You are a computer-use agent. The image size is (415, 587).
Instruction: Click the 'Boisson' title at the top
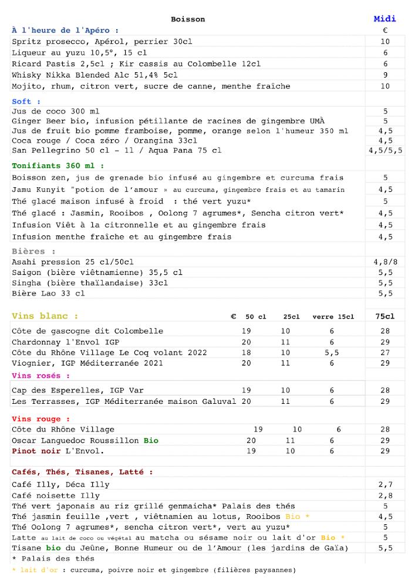188,19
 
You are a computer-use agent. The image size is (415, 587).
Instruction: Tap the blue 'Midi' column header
385,19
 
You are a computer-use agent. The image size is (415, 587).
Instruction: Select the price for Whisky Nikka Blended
385,75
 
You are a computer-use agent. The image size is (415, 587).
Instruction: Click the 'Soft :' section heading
22,102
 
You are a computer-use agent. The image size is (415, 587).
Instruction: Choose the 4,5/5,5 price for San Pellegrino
385,151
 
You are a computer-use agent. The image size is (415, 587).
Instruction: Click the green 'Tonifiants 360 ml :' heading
58,166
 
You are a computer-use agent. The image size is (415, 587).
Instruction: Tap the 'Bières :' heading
29,251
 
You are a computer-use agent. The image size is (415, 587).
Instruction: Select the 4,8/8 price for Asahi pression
385,262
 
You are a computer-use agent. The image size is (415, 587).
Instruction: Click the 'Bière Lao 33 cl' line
48,293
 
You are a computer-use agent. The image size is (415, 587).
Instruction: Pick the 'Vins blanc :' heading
45,316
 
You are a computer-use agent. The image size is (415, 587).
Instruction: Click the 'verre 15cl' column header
333,317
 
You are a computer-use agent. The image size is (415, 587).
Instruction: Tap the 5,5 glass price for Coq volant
332,353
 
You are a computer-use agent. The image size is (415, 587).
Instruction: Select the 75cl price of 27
385,353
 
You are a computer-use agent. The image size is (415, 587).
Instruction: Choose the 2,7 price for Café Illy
385,485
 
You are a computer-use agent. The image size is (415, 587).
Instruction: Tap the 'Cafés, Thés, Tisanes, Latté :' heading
82,472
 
